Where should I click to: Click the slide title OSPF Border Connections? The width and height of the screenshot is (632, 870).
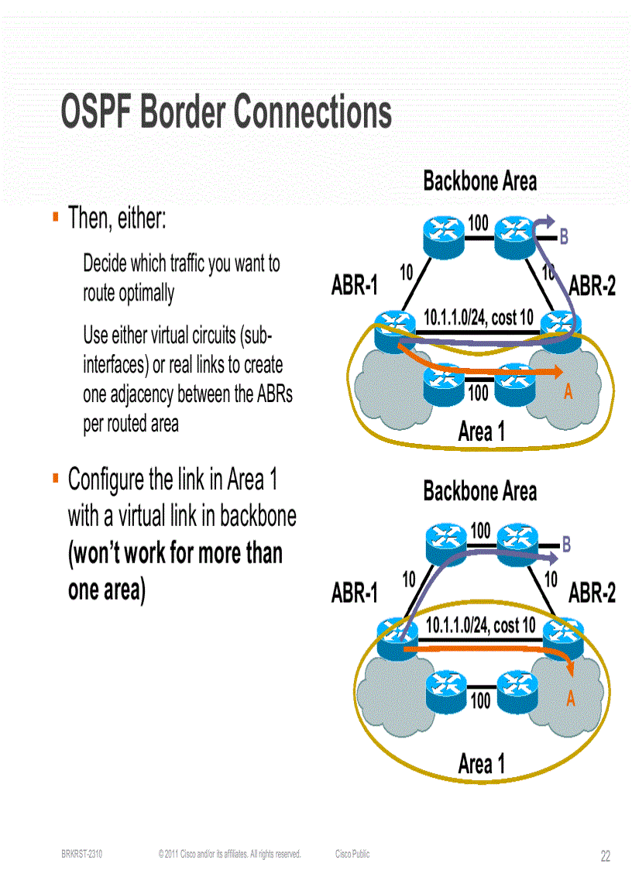tap(226, 112)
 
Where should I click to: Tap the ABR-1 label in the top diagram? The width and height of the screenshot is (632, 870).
tap(354, 286)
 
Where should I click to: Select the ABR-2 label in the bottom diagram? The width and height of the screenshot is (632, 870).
tap(592, 593)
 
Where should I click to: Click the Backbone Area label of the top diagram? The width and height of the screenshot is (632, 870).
tap(479, 181)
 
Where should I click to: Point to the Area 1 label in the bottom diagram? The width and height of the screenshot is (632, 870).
tap(481, 764)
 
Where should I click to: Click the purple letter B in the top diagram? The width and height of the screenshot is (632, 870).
tap(564, 237)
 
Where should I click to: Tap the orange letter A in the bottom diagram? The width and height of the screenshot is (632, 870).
tap(571, 698)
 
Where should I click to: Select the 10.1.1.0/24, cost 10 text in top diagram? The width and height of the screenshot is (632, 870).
tap(478, 318)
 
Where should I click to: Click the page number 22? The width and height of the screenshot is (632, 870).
tap(606, 856)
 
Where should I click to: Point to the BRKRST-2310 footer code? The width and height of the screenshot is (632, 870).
tap(82, 855)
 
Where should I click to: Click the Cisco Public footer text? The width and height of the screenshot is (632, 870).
tap(352, 855)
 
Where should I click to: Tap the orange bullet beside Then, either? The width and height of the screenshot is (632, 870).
tap(56, 217)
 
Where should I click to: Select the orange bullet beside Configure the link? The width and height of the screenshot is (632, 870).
tap(56, 479)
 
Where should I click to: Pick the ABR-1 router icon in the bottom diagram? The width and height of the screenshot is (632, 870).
tap(396, 634)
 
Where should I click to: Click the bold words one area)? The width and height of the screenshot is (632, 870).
tap(107, 590)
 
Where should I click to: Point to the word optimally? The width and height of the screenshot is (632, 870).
tap(146, 293)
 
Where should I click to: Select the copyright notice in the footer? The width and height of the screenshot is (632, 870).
tap(228, 855)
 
